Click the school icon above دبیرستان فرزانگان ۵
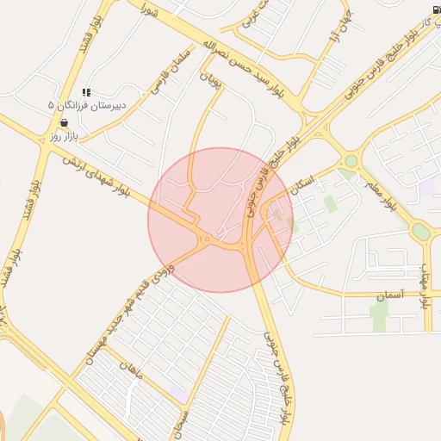pyautogui.click(x=85, y=92)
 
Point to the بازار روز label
pyautogui.click(x=64, y=136)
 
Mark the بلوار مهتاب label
pyautogui.click(x=424, y=285)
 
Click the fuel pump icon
pyautogui.click(x=435, y=10)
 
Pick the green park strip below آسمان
pyautogui.click(x=379, y=314)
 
